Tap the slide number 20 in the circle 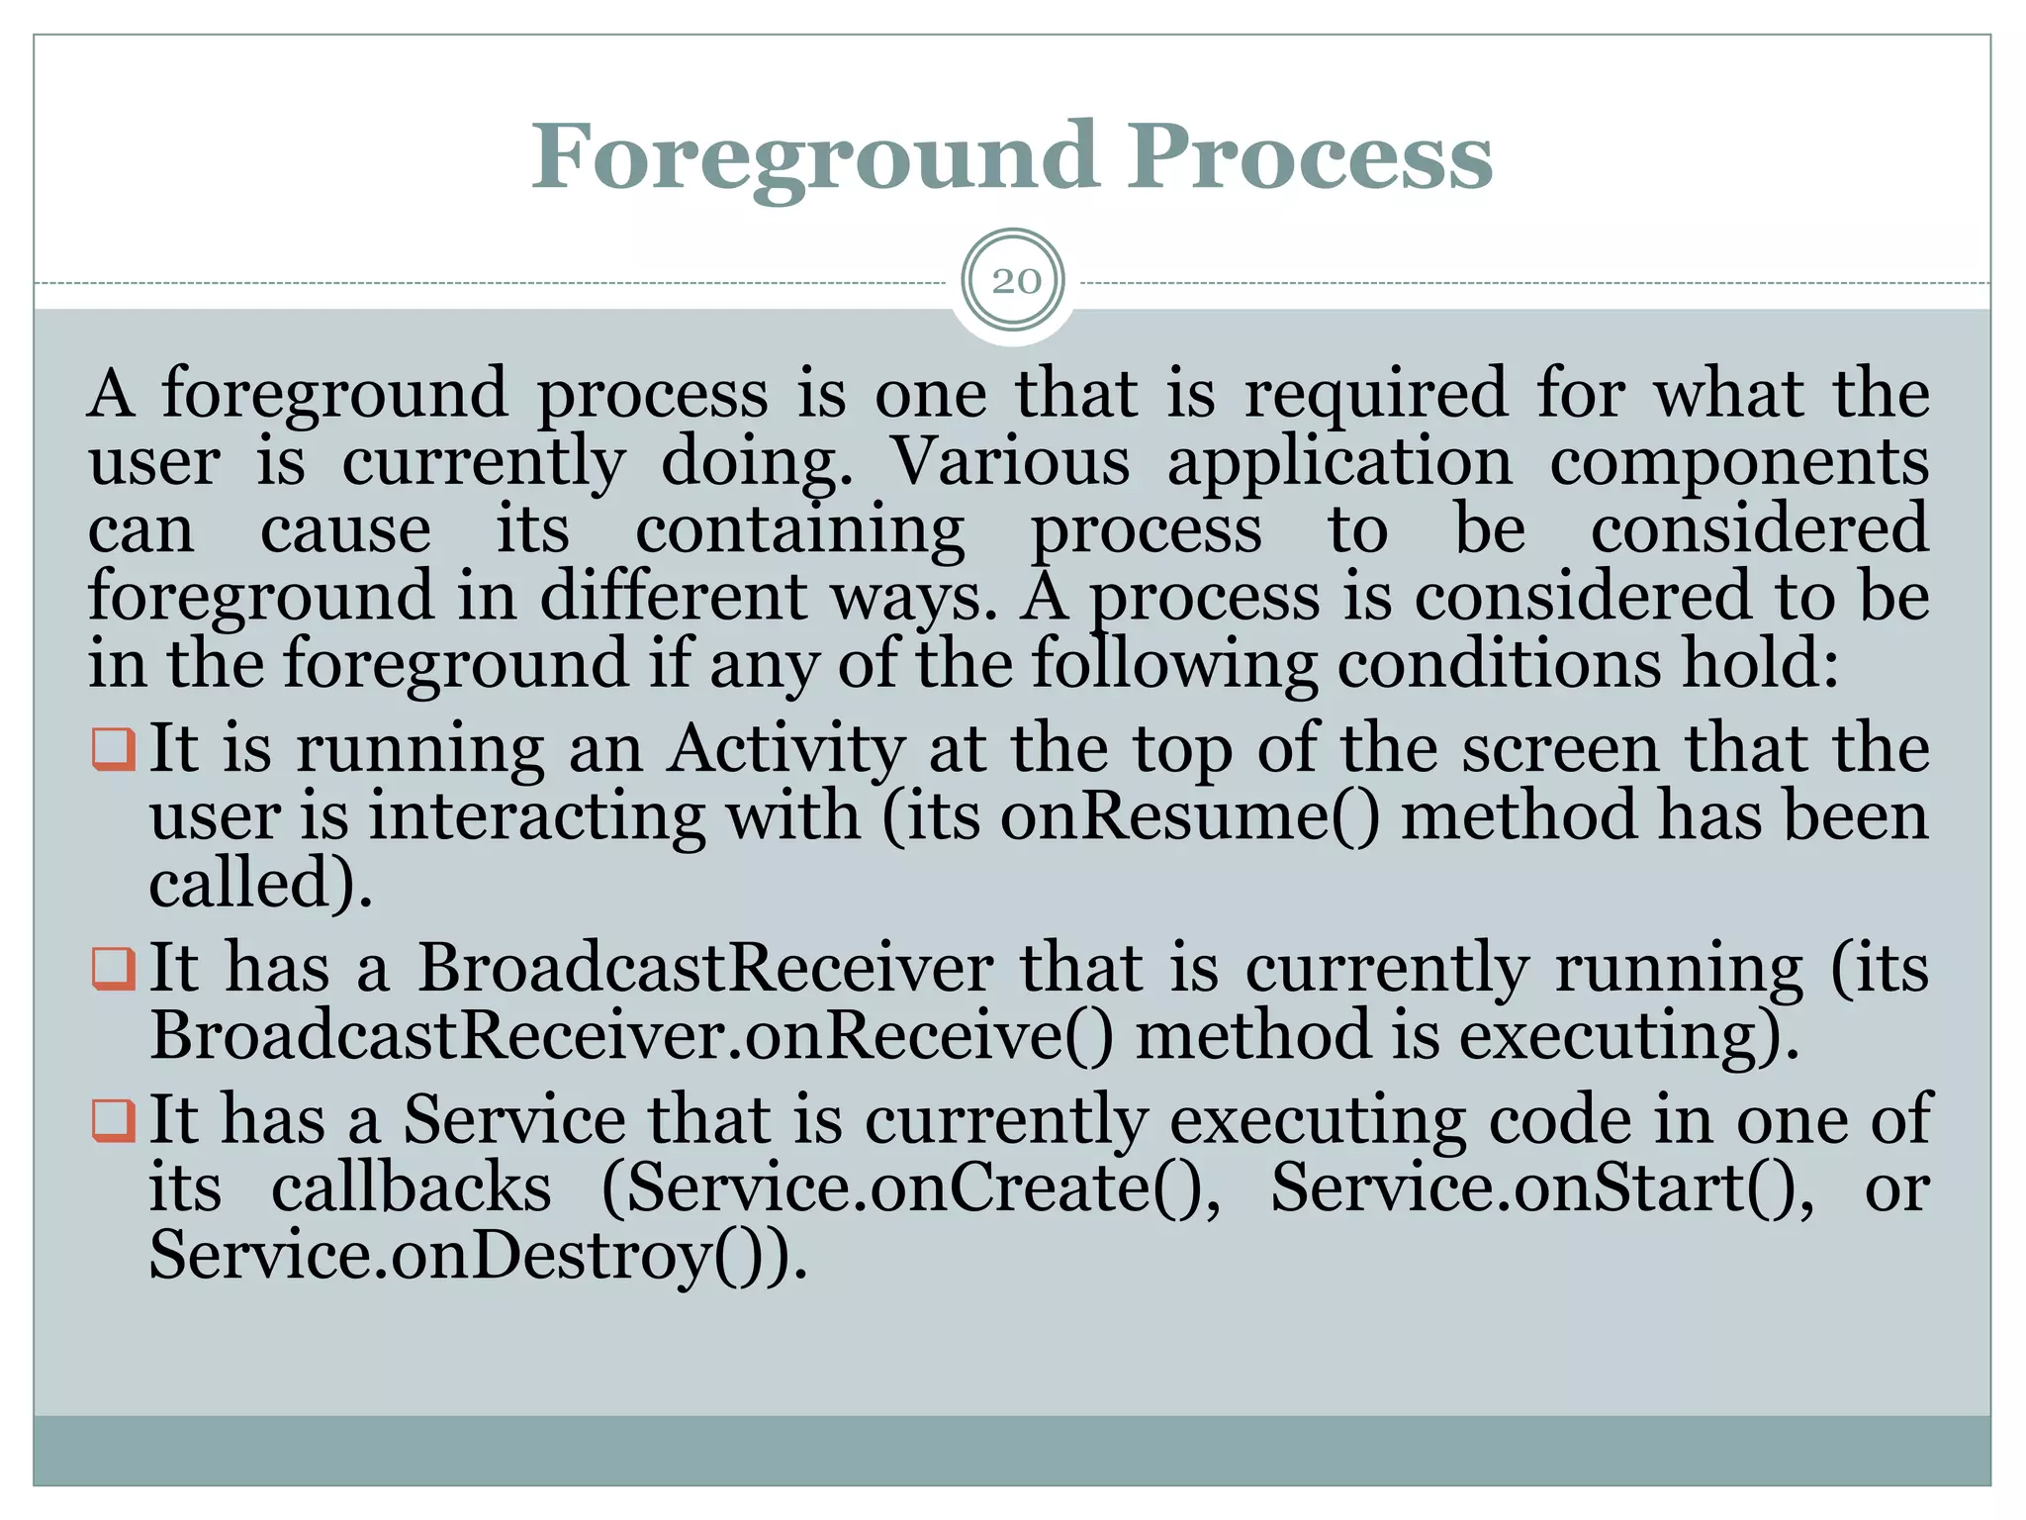pyautogui.click(x=1015, y=282)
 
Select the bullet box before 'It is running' pyautogui.click(x=113, y=749)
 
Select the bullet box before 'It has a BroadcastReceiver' pyautogui.click(x=113, y=969)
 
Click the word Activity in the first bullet pyautogui.click(x=786, y=749)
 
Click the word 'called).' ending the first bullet pyautogui.click(x=260, y=883)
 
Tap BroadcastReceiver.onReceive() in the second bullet pyautogui.click(x=631, y=1036)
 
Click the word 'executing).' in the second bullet pyautogui.click(x=1628, y=1036)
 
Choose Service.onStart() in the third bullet pyautogui.click(x=1541, y=1187)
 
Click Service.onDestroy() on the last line pyautogui.click(x=477, y=1255)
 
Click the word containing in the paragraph pyautogui.click(x=799, y=530)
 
